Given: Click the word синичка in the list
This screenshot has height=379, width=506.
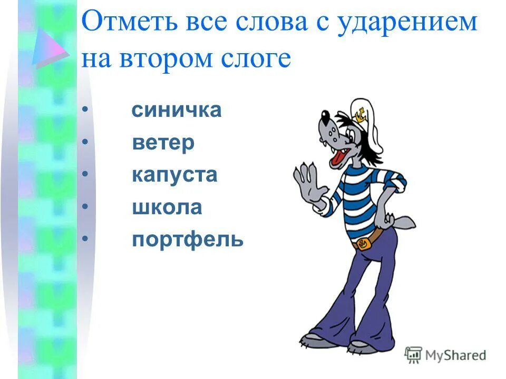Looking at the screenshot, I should pos(177,111).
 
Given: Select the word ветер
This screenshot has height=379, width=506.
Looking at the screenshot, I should pos(163,143).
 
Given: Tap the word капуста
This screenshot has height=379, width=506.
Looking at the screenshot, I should pos(174,175).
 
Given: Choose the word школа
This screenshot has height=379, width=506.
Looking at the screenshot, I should pos(167,207).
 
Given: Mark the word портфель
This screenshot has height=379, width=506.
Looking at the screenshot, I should pos(188,240).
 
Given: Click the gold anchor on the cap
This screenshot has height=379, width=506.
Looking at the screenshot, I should pos(361,113).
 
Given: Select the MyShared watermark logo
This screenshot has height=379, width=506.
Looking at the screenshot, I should pos(445,355).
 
